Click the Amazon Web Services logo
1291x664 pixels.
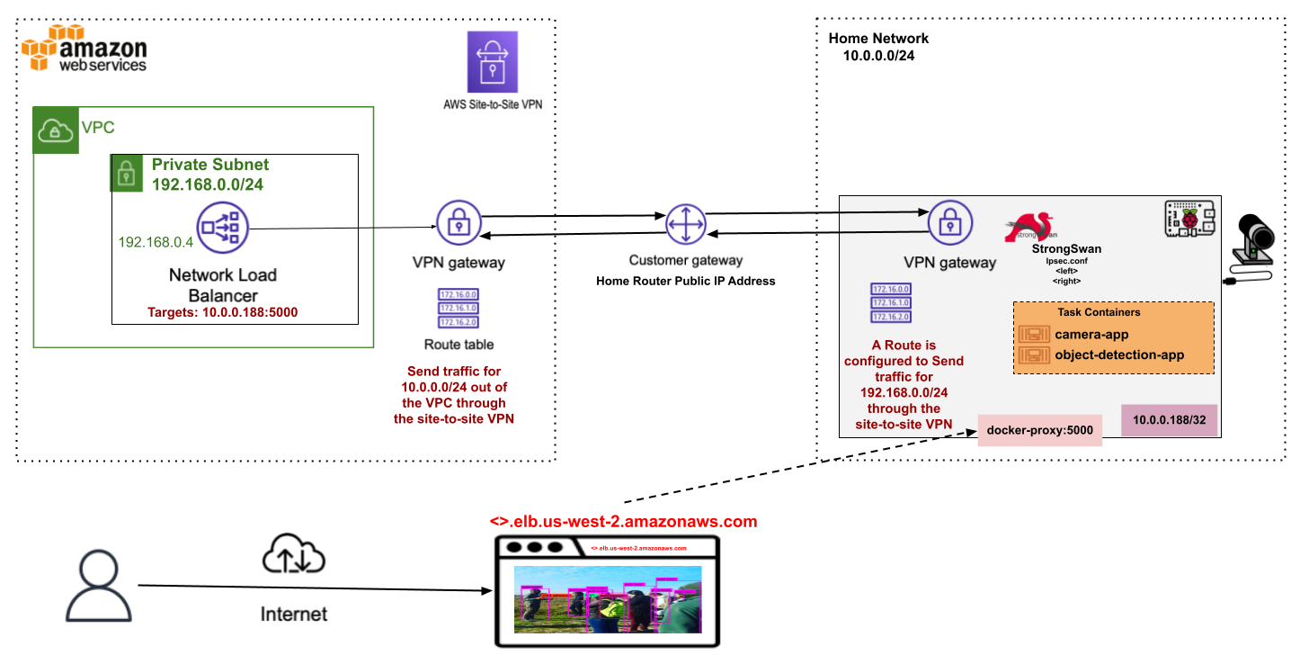[84, 49]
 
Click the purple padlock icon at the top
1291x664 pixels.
[493, 62]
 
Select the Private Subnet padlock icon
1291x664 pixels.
[127, 173]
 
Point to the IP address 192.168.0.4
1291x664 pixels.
[156, 242]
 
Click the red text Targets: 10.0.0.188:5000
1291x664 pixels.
[222, 312]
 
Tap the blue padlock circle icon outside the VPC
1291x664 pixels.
[459, 223]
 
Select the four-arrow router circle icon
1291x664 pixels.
[686, 223]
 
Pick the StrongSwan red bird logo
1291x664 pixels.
[1030, 228]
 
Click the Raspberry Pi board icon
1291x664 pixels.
[1189, 219]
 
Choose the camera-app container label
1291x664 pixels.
[1091, 335]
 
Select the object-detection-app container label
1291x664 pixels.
[1119, 354]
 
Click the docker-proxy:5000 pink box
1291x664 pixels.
[1039, 430]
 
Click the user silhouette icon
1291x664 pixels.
[98, 586]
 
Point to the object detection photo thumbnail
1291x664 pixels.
[608, 599]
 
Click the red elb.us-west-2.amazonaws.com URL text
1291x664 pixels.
[623, 522]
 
